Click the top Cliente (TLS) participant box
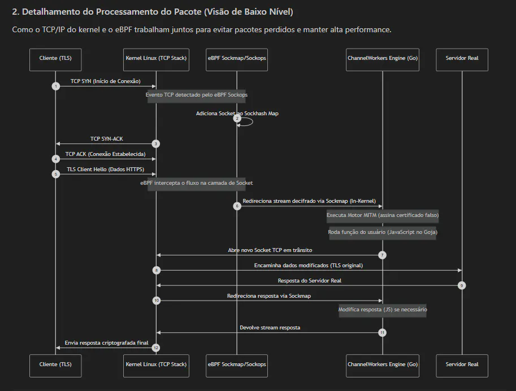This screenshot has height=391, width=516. [55, 59]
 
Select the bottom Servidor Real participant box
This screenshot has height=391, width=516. [462, 366]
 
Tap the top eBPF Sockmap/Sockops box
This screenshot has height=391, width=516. [237, 59]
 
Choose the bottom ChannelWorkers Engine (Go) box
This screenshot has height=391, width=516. [383, 366]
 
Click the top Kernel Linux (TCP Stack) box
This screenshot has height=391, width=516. [156, 59]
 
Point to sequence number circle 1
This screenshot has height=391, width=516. [55, 86]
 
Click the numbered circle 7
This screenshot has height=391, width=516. [382, 255]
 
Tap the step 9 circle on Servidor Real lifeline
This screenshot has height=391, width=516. [462, 285]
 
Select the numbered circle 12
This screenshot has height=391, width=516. [156, 347]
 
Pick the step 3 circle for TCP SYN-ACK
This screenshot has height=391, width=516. [156, 144]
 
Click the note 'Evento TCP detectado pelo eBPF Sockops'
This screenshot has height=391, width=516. [197, 96]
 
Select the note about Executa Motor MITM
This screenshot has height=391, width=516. [383, 216]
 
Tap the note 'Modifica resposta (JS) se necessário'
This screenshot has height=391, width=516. [383, 311]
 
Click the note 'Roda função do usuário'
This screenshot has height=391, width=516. [383, 233]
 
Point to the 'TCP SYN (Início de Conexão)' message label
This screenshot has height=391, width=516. [106, 81]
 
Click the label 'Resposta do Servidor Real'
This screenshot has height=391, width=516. [309, 281]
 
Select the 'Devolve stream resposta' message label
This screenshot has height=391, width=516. [270, 328]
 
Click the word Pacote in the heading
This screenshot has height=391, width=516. [187, 12]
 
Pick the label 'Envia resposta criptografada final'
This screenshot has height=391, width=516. [107, 343]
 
